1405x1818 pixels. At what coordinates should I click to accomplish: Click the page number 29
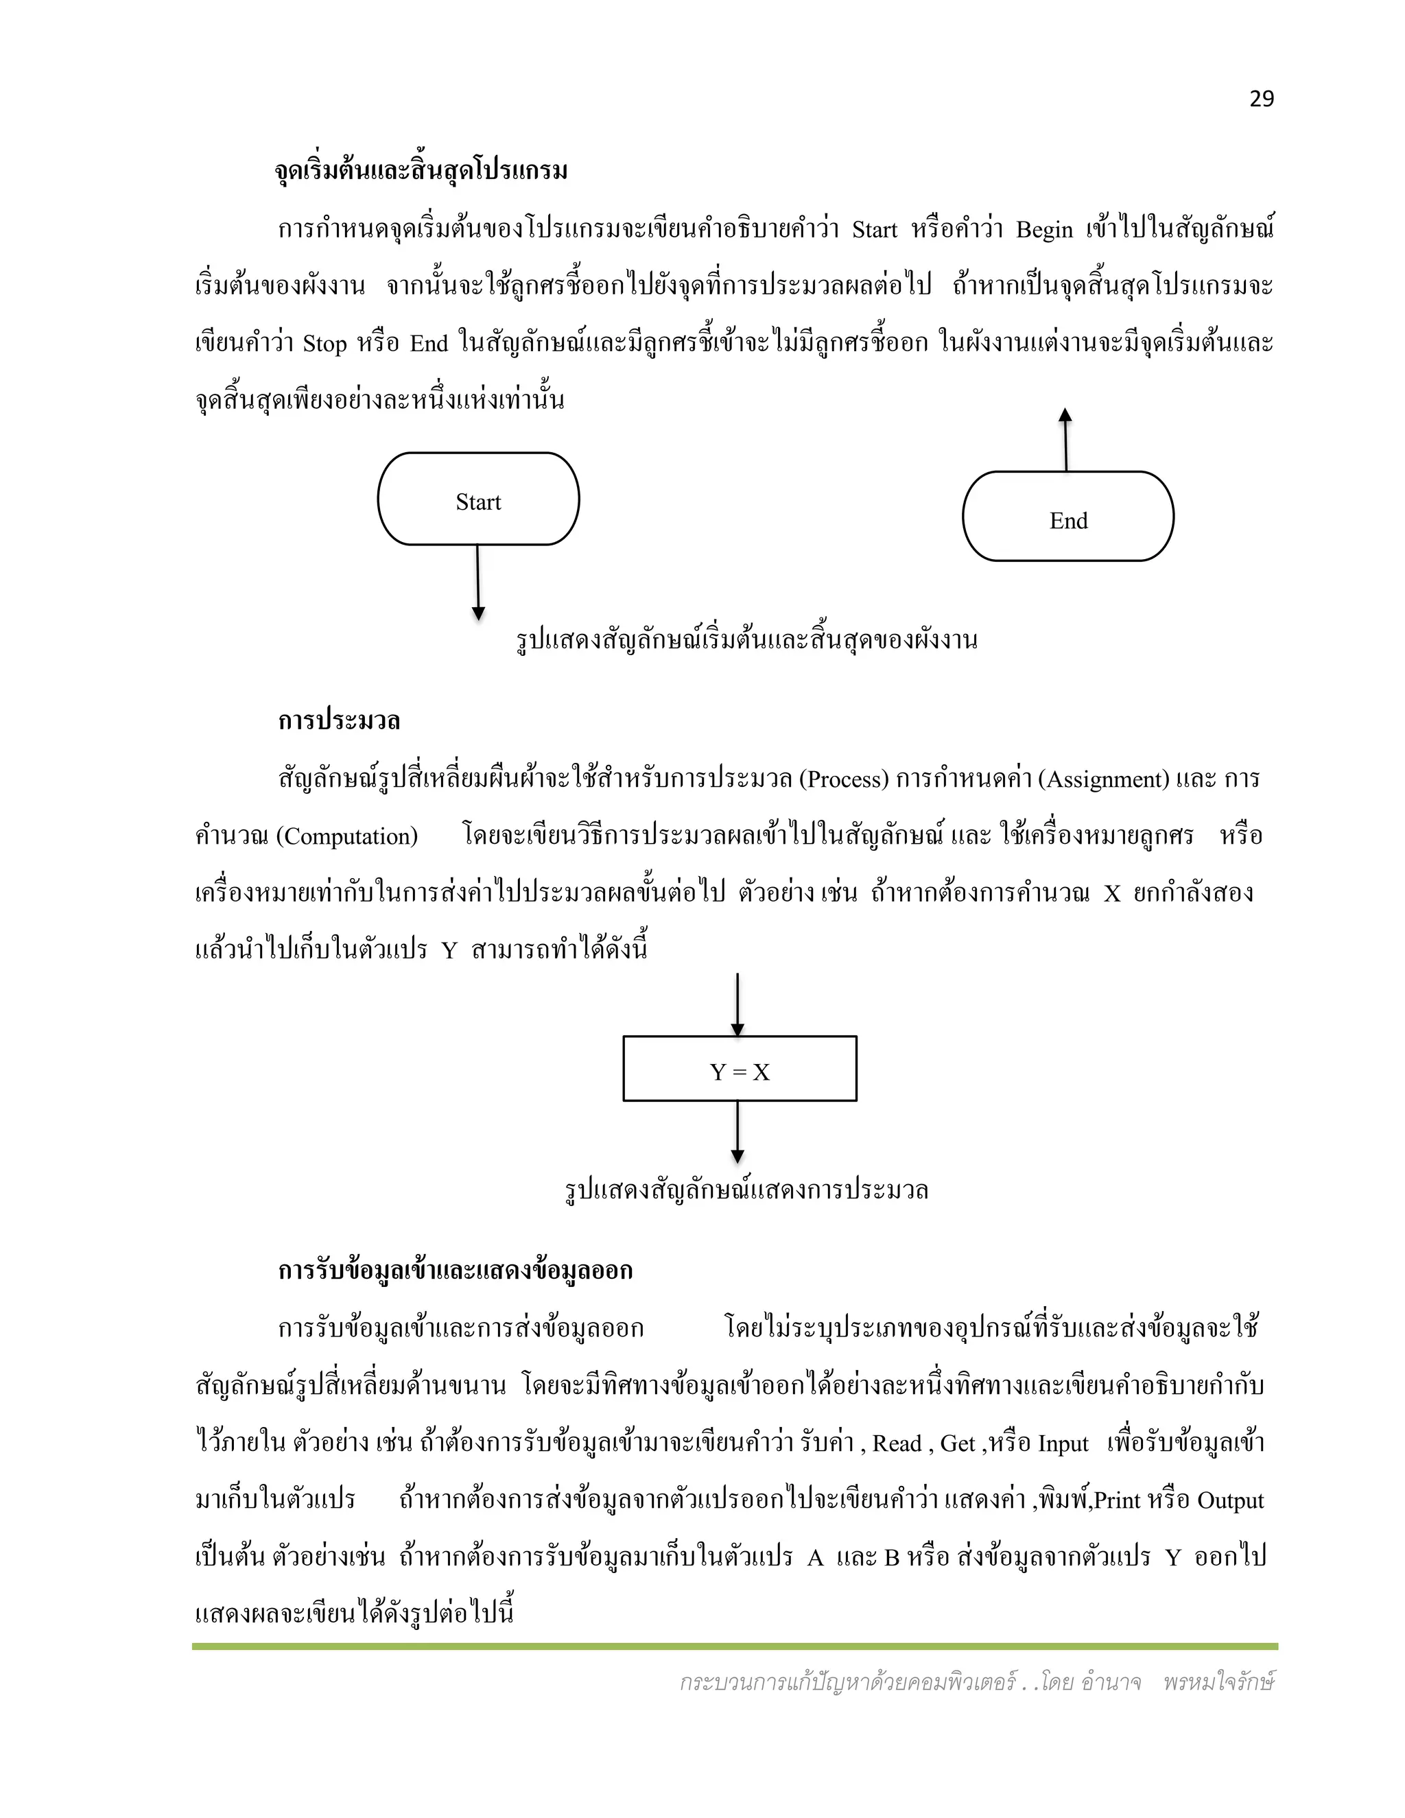point(1261,99)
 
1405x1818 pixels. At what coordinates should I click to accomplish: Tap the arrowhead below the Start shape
point(479,613)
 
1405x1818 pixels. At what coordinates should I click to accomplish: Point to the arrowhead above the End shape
point(1065,415)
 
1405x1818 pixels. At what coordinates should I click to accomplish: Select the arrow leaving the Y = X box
point(737,1133)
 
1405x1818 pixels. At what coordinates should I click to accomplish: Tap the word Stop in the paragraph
point(324,344)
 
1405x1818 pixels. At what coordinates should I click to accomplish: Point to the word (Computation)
point(346,836)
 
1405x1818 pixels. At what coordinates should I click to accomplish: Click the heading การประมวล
point(339,720)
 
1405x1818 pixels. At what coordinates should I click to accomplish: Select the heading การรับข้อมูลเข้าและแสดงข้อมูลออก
point(456,1271)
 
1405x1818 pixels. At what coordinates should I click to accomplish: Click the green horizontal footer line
point(734,1646)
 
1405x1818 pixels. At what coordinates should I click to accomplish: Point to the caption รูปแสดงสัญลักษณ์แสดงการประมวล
point(746,1190)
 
